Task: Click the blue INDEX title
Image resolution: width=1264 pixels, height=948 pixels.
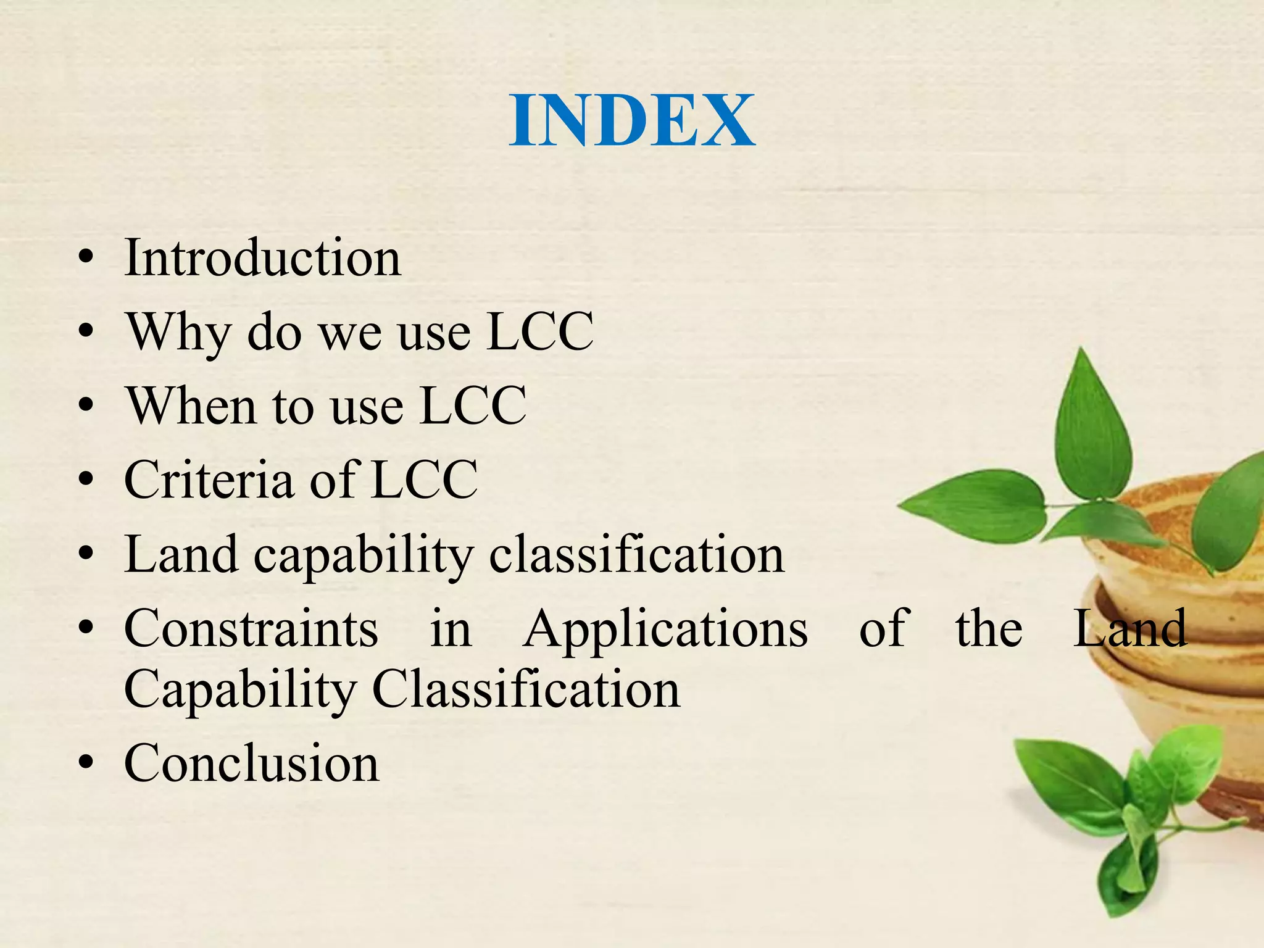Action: point(632,120)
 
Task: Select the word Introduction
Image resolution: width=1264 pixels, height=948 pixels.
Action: point(263,257)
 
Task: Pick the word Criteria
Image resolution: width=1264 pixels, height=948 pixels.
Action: point(209,480)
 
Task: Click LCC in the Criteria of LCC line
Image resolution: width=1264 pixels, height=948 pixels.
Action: point(425,480)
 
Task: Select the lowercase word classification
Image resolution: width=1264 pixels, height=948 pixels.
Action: point(636,554)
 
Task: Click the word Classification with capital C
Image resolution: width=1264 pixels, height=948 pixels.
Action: point(526,689)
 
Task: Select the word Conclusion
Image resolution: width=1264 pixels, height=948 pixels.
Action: point(252,764)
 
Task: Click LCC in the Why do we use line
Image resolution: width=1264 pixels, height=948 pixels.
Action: point(540,332)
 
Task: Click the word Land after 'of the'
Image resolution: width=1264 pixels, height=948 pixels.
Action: point(1129,629)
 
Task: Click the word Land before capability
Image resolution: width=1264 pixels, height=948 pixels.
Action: point(181,554)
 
